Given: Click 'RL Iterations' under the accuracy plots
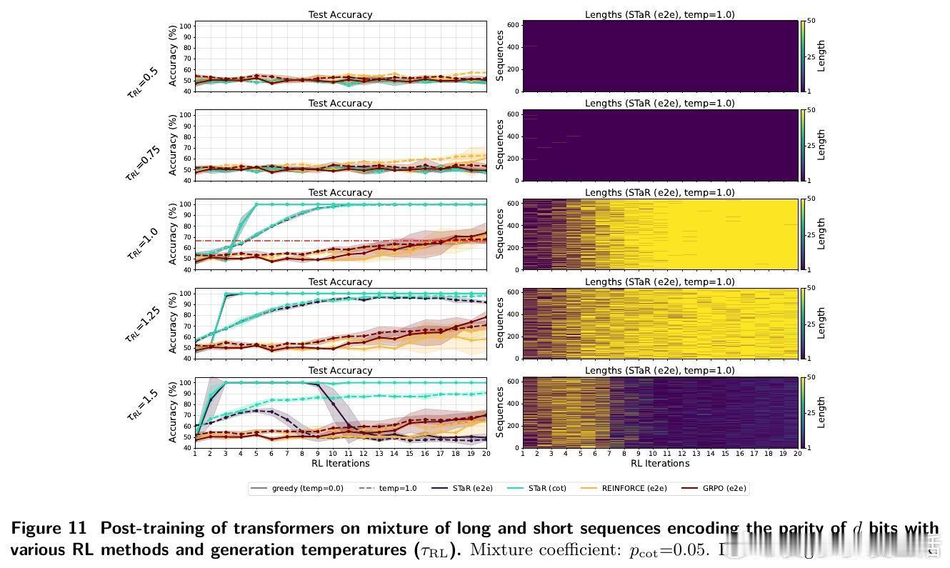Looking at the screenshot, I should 340,464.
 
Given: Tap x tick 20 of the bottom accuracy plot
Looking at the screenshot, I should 486,454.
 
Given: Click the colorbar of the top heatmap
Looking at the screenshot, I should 803,56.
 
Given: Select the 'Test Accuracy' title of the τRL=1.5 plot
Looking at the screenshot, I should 340,371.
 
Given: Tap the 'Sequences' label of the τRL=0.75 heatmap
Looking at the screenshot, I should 500,145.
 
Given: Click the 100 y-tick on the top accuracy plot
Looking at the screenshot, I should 184,26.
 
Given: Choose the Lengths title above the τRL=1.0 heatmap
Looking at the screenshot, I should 659,193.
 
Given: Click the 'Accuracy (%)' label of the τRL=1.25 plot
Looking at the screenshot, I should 172,322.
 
